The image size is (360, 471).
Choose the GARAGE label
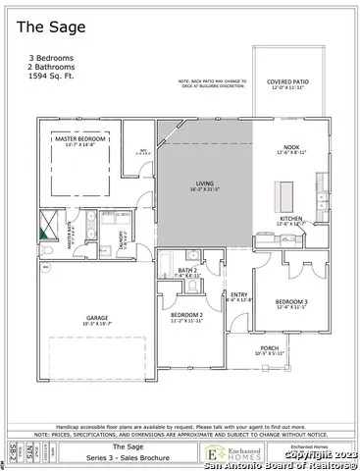[x=95, y=318]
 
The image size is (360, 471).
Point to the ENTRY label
[x=238, y=294]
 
